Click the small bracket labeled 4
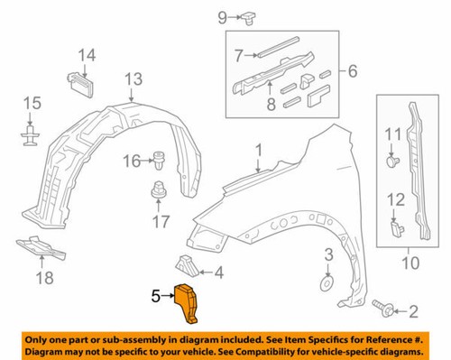pyautogui.click(x=187, y=264)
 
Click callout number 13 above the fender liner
pyautogui.click(x=133, y=81)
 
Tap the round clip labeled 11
pyautogui.click(x=392, y=164)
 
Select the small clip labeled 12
pyautogui.click(x=394, y=228)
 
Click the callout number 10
pyautogui.click(x=410, y=263)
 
